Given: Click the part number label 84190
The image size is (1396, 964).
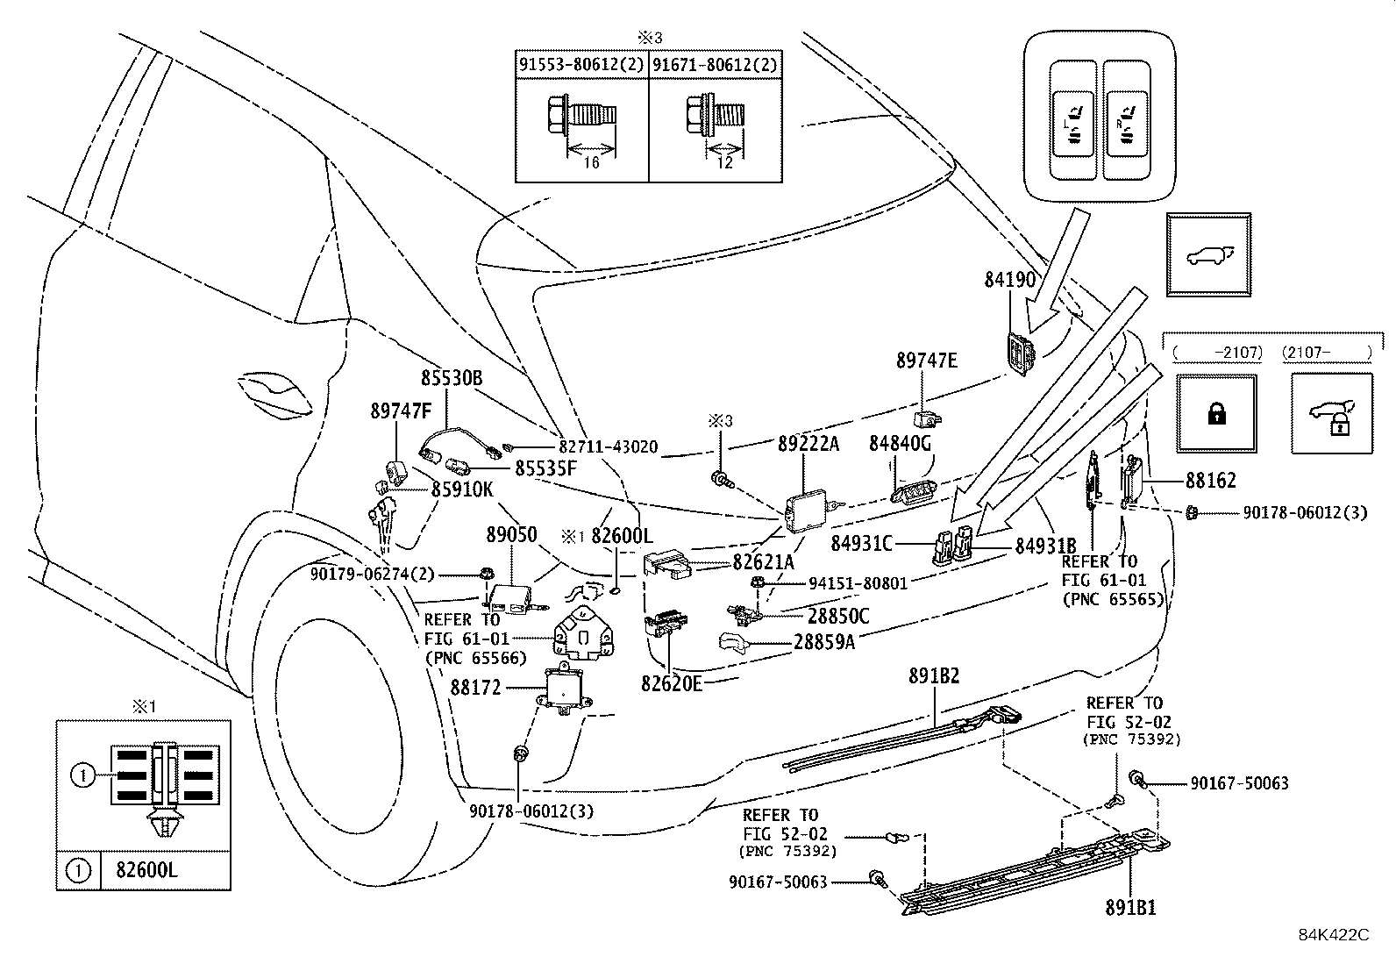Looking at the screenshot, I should point(1009,281).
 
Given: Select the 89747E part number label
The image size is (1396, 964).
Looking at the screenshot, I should point(926,361).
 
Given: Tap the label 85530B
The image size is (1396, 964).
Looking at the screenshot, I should point(452,378).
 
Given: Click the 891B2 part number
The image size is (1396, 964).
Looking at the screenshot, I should point(934,676).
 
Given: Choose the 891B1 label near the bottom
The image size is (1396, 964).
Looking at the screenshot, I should point(1130,909).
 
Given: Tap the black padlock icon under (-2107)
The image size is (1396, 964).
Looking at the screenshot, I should point(1215,414).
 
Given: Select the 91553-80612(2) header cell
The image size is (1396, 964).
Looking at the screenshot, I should point(581,65).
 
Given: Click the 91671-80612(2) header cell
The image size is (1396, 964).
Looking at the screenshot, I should point(715,65).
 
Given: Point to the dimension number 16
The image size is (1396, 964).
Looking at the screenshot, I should point(591,163).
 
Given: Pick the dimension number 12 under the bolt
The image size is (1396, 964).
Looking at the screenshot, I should point(724,163).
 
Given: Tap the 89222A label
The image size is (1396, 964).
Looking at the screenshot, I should point(808,445).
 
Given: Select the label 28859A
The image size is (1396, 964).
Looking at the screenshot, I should point(823,643).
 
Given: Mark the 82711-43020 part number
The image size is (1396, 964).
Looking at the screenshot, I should point(608,446).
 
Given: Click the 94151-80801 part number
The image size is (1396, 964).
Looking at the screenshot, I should point(858,582).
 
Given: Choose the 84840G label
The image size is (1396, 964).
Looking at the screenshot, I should point(900,445).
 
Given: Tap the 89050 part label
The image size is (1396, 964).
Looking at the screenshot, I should point(511,535).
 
